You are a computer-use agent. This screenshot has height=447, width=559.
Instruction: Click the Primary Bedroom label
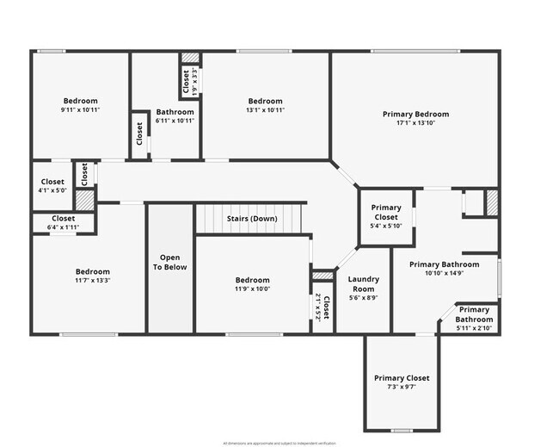click(415, 114)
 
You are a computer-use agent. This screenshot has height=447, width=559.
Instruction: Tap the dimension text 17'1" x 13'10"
click(415, 123)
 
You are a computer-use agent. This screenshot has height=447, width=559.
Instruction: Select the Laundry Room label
click(363, 284)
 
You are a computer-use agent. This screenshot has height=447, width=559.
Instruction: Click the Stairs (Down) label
click(251, 219)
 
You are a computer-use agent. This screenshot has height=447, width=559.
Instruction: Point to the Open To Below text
click(170, 262)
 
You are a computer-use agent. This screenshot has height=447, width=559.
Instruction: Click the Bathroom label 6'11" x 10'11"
click(175, 121)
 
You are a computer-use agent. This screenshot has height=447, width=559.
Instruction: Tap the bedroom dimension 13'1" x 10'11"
click(265, 110)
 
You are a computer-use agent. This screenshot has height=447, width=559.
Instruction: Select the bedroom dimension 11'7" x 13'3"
click(92, 280)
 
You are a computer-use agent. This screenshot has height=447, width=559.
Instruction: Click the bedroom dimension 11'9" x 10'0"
click(252, 289)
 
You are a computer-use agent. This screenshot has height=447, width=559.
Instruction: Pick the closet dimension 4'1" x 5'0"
click(52, 191)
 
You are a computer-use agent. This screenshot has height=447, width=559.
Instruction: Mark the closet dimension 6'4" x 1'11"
click(63, 227)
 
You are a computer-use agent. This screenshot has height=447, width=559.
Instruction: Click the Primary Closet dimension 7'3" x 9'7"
click(401, 388)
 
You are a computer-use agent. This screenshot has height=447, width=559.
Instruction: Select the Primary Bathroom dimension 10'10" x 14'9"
click(444, 274)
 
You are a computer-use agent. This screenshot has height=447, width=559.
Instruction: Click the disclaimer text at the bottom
click(279, 443)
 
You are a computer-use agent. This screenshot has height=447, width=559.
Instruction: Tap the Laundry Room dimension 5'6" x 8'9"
click(363, 299)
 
